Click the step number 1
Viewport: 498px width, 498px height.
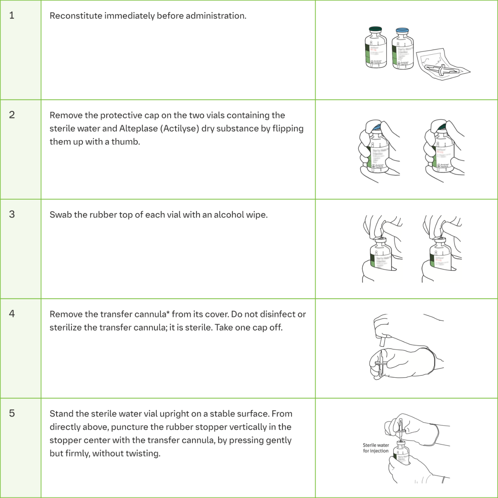12,15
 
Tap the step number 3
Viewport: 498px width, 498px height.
12,214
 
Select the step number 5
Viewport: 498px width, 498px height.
12,413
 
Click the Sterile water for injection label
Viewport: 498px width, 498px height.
376,448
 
